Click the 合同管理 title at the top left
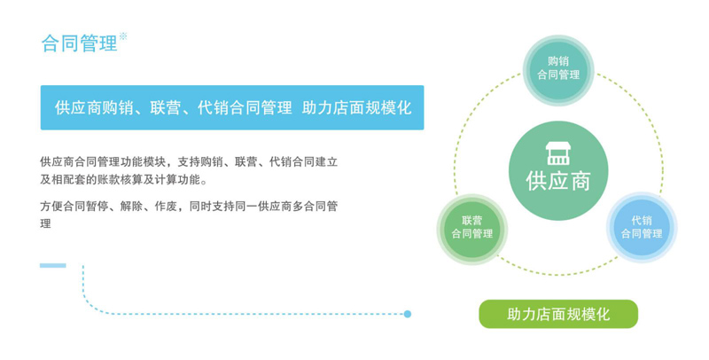click(x=79, y=43)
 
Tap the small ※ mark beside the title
click(x=122, y=36)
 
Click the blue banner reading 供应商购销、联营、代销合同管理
click(x=232, y=107)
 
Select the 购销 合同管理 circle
click(x=558, y=70)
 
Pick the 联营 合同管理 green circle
click(x=472, y=230)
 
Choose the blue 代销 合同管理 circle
click(x=642, y=228)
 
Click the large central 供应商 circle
click(x=558, y=171)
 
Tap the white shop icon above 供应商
click(x=558, y=153)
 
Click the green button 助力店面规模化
click(x=558, y=314)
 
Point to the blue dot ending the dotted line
click(x=408, y=314)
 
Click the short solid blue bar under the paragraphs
click(x=53, y=265)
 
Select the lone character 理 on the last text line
click(x=46, y=223)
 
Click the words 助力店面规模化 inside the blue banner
click(x=357, y=107)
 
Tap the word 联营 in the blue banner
click(x=166, y=107)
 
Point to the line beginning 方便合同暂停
click(x=189, y=207)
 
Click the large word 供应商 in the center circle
click(x=558, y=181)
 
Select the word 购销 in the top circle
click(x=558, y=61)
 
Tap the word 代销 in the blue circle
click(x=642, y=220)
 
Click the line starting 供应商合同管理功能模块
click(x=189, y=162)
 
